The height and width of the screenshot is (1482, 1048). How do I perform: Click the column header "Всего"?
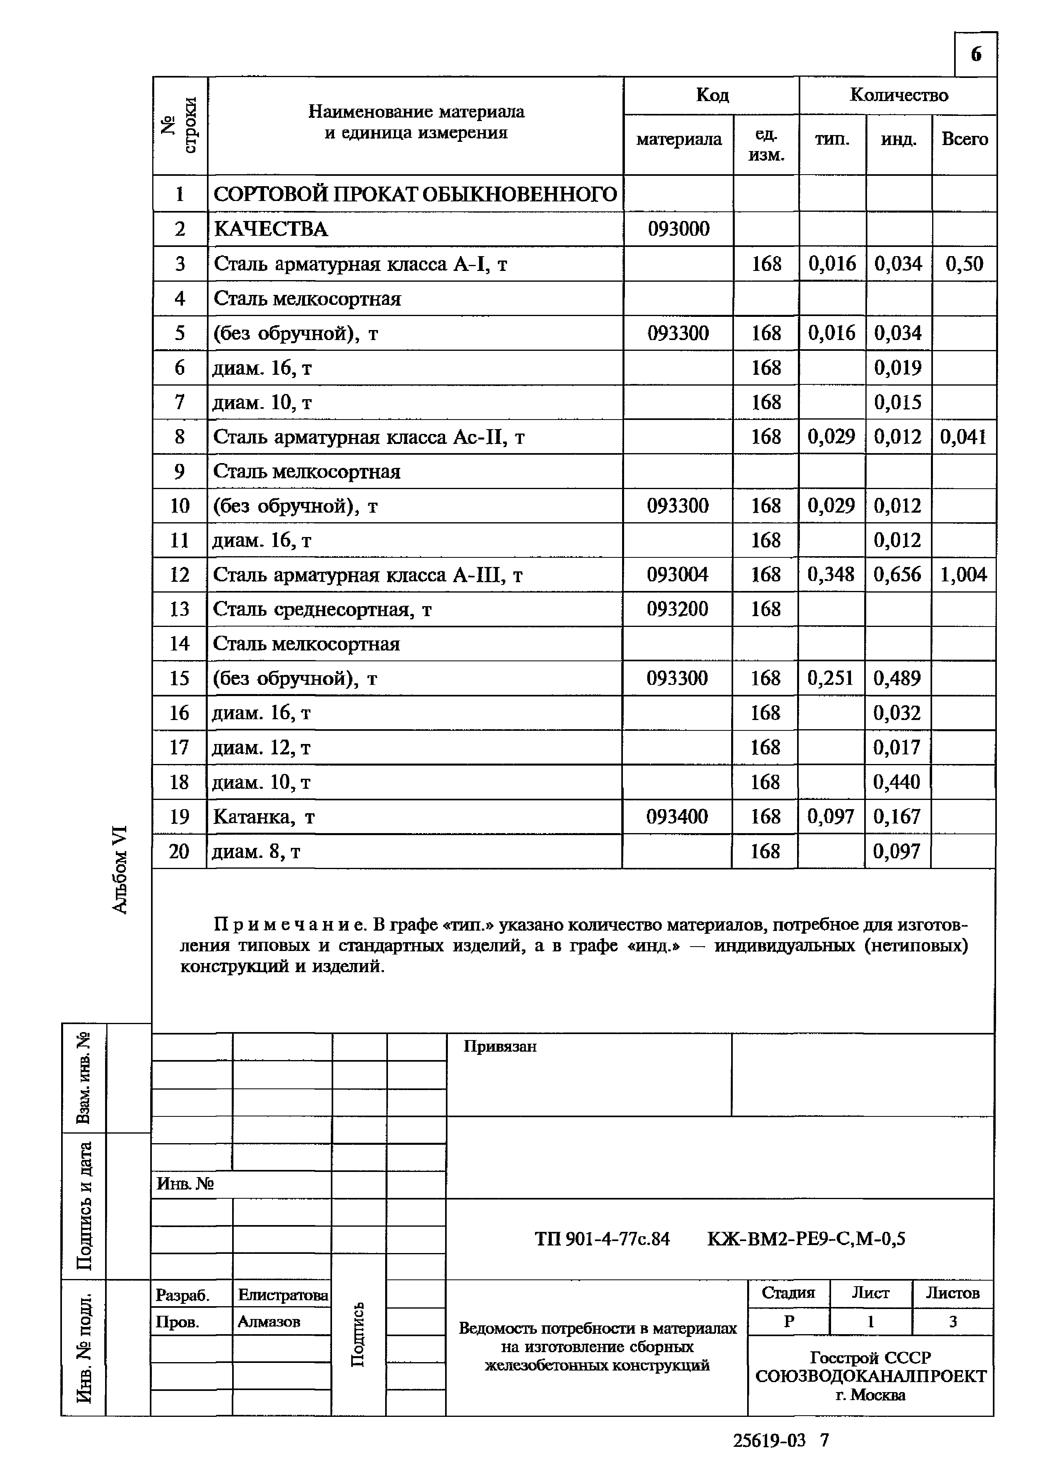(964, 139)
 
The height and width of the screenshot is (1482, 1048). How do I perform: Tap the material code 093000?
(678, 229)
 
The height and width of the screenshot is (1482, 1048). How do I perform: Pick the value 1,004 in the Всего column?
(963, 575)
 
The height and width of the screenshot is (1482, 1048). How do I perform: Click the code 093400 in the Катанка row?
(677, 817)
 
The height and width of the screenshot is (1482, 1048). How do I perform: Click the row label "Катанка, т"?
(263, 817)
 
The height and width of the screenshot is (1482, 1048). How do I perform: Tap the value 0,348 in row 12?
(831, 575)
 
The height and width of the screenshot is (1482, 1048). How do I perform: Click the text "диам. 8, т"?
(256, 852)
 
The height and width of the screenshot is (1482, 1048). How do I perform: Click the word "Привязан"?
(499, 1046)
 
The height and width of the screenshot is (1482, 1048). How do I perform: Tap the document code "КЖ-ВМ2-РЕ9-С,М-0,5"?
(806, 1239)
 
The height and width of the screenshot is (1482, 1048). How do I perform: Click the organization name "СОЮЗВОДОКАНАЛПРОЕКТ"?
(871, 1376)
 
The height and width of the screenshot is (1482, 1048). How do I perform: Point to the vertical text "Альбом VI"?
(120, 869)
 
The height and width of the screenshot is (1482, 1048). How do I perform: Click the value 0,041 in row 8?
(963, 437)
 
